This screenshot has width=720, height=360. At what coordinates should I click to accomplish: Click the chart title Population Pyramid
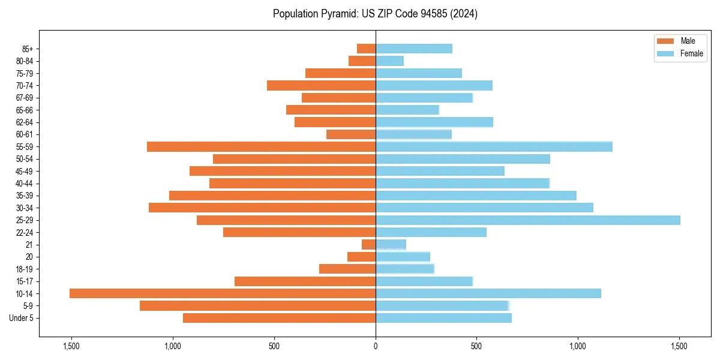(375, 14)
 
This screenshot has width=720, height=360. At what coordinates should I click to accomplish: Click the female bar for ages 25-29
(527, 220)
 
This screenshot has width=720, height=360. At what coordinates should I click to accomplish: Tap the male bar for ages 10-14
(223, 293)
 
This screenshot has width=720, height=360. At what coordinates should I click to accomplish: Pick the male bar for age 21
(368, 245)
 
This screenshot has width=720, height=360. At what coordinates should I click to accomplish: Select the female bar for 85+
(414, 49)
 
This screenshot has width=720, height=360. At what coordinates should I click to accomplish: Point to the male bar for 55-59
(261, 147)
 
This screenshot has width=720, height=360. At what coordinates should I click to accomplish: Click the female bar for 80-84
(389, 61)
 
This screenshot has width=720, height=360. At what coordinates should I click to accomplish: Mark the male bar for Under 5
(279, 318)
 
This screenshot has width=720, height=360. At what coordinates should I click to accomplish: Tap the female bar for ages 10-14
(488, 293)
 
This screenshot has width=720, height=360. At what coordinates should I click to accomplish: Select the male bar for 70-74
(321, 86)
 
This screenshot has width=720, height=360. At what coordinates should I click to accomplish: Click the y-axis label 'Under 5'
(22, 318)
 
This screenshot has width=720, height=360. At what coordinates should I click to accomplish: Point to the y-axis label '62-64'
(25, 122)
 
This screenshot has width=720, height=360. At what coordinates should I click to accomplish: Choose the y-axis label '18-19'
(25, 269)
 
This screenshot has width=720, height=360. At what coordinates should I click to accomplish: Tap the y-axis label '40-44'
(25, 184)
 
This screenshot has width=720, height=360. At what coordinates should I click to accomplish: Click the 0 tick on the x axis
(376, 346)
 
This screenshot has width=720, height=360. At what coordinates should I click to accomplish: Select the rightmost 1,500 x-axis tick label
(679, 346)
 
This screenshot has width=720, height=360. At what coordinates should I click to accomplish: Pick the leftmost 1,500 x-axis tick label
(71, 346)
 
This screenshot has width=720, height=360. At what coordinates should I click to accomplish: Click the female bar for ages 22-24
(431, 232)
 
